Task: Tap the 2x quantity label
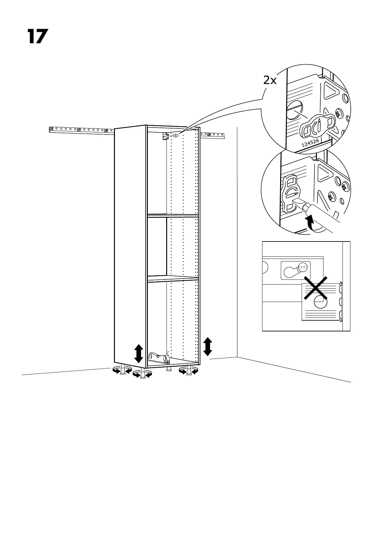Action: click(270, 81)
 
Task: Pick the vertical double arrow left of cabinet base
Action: click(138, 354)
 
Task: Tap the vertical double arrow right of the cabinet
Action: click(208, 346)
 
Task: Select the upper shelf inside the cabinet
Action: click(173, 216)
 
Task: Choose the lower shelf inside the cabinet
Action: click(173, 278)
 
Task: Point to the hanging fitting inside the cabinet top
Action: click(175, 135)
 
